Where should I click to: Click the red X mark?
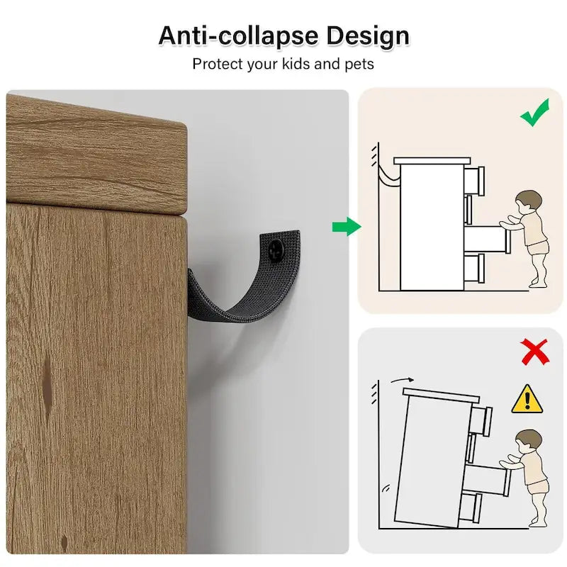point(534,351)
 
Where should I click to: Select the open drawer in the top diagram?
point(485,237)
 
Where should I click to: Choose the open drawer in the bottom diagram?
point(486,481)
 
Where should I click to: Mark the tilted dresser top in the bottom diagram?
point(439,394)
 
